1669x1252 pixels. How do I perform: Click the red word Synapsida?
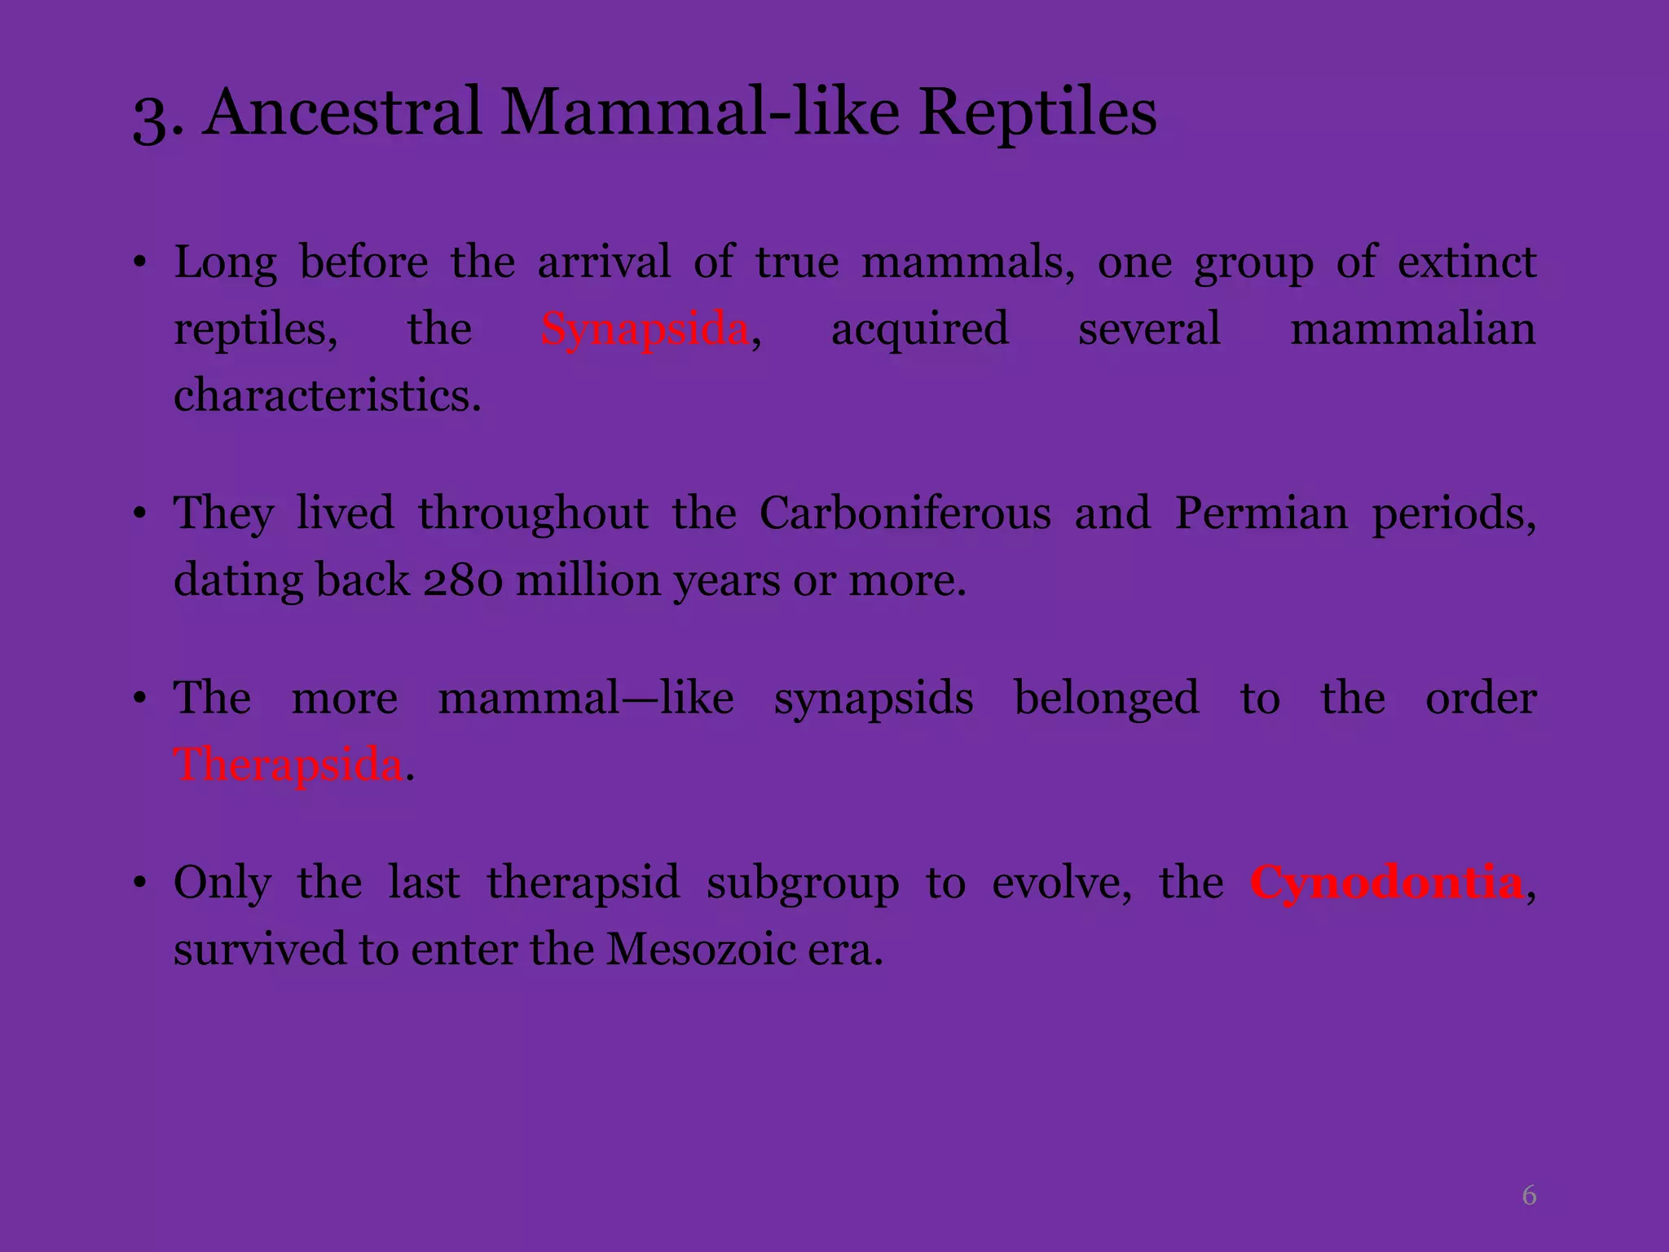pyautogui.click(x=645, y=330)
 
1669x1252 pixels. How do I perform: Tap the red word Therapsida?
pyautogui.click(x=288, y=765)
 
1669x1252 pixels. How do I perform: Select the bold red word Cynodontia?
pyautogui.click(x=1386, y=883)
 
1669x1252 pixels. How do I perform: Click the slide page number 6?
pyautogui.click(x=1529, y=1196)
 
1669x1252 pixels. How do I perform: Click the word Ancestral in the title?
pyautogui.click(x=343, y=112)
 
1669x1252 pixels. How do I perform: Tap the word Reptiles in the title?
pyautogui.click(x=1037, y=112)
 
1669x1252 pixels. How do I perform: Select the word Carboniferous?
pyautogui.click(x=905, y=514)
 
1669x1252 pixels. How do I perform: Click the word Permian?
pyautogui.click(x=1262, y=514)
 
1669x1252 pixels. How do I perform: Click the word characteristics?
pyautogui.click(x=328, y=397)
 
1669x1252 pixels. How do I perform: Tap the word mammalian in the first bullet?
pyautogui.click(x=1413, y=330)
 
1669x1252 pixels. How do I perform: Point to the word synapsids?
pyautogui.click(x=874, y=699)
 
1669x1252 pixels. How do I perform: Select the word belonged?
pyautogui.click(x=1107, y=699)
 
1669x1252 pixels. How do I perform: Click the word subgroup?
pyautogui.click(x=803, y=883)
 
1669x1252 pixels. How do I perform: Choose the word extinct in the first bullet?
pyautogui.click(x=1467, y=263)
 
